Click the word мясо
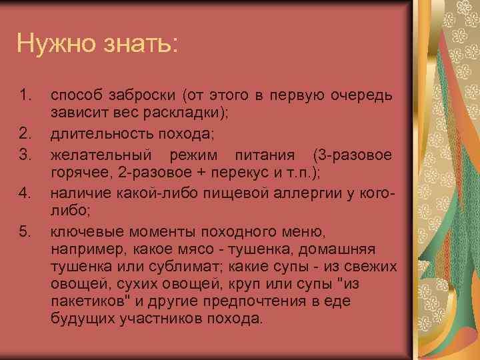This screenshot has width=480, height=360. pos(201,249)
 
